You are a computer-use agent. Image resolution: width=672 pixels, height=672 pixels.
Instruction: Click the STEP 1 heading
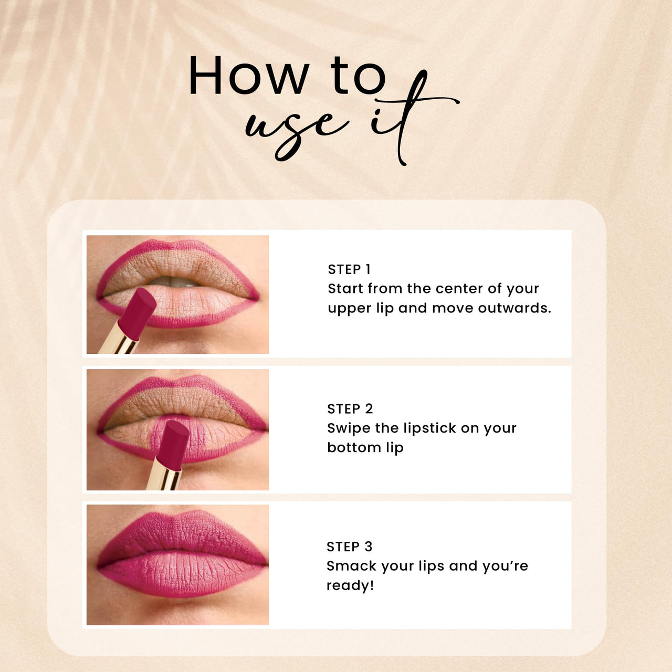click(349, 269)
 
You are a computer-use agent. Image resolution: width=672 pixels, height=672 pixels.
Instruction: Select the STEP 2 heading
click(350, 409)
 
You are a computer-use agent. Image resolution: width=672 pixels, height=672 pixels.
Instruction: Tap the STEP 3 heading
click(349, 547)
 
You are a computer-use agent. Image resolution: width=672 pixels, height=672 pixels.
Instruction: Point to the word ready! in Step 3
click(350, 586)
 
